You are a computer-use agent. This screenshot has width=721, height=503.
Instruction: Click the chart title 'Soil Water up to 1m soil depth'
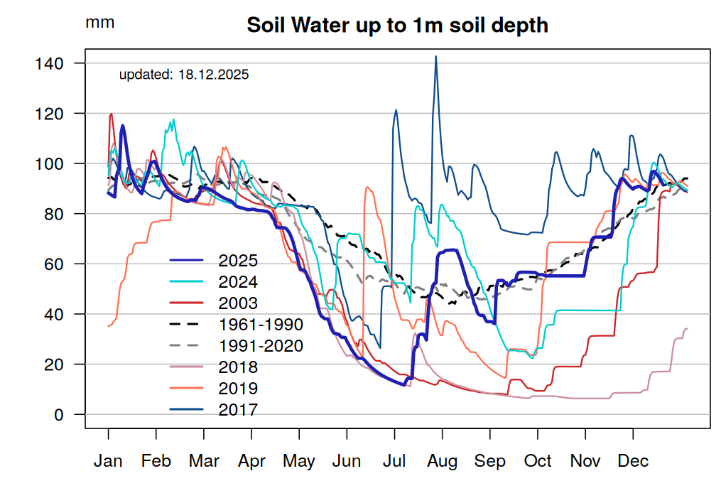coord(397,26)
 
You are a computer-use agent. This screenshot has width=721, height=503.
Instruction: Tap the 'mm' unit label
coord(99,22)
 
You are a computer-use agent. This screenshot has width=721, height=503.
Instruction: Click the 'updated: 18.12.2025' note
coord(183,74)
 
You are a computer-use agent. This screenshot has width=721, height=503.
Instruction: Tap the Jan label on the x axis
coord(108,462)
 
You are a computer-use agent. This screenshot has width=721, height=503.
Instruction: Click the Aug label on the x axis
coord(443,462)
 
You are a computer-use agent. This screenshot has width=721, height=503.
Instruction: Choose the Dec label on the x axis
coord(633,462)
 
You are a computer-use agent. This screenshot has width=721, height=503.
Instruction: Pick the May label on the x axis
coord(299,462)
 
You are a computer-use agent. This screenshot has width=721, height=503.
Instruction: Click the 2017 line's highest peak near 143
coord(435,57)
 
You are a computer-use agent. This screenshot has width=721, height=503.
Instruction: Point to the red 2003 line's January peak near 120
coord(112,114)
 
